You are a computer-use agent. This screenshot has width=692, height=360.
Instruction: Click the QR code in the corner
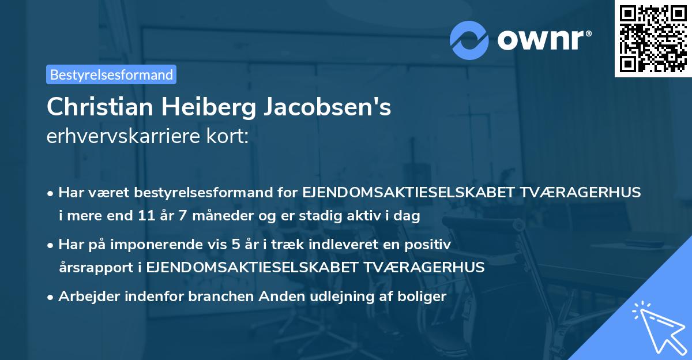pos(653,39)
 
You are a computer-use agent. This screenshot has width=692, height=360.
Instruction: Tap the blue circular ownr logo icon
pos(469,40)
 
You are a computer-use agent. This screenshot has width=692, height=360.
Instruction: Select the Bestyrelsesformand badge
pos(111,74)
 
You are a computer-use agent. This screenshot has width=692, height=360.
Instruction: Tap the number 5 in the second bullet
pos(236,245)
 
